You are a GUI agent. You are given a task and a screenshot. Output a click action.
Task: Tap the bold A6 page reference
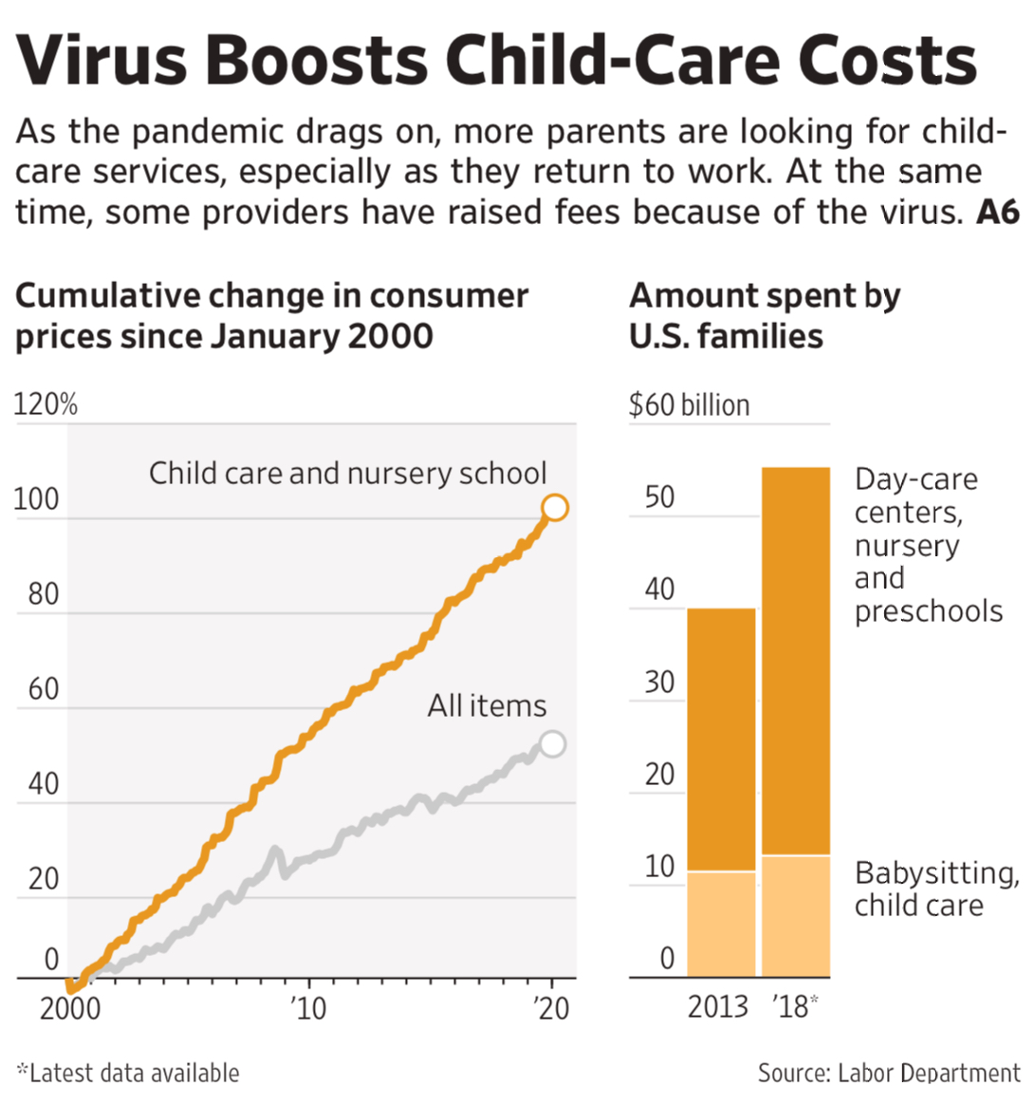point(998,212)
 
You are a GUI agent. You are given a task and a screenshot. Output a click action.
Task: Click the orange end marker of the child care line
point(555,508)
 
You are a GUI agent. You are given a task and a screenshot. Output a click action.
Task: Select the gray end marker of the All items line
point(552,743)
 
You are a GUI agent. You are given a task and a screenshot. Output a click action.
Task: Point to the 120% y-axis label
point(45,405)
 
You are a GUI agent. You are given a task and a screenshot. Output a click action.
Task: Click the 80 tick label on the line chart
point(44,594)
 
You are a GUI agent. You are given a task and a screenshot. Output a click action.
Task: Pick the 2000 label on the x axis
point(69,1008)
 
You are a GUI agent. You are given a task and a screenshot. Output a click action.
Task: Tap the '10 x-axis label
point(307,1008)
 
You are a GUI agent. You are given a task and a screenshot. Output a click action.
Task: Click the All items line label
point(487,706)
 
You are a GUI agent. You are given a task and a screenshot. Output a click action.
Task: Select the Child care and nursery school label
point(347,473)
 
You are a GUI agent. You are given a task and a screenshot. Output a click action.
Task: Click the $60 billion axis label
point(689,405)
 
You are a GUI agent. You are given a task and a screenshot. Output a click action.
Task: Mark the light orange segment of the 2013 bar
point(721,924)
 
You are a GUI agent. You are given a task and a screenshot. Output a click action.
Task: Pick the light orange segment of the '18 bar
point(796,916)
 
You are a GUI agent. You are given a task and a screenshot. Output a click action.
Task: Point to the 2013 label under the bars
point(718,1006)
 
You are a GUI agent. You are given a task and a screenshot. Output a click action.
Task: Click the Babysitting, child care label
point(935,889)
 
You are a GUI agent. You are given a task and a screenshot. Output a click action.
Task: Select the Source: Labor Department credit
point(888,1074)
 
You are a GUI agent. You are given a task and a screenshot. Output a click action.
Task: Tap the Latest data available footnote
point(129,1074)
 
